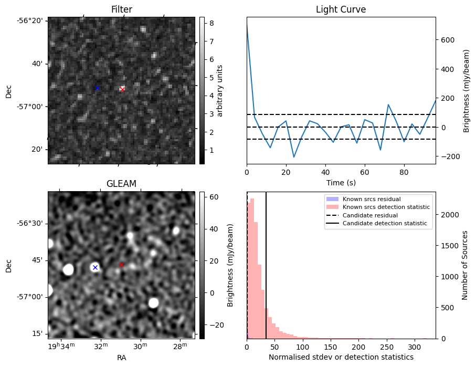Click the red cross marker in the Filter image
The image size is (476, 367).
pyautogui.click(x=122, y=90)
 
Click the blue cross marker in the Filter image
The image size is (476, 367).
pyautogui.click(x=97, y=88)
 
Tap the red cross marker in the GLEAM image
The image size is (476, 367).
pyautogui.click(x=121, y=265)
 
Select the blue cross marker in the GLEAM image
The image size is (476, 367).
pyautogui.click(x=95, y=267)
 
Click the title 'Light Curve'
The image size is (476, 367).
pyautogui.click(x=341, y=9)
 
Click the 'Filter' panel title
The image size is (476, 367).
pyautogui.click(x=121, y=9)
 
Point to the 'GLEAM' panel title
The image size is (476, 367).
pyautogui.click(x=121, y=184)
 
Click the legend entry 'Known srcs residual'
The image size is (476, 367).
pyautogui.click(x=372, y=200)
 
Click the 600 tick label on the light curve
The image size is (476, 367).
pyautogui.click(x=448, y=40)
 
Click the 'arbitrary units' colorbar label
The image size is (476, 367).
pyautogui.click(x=220, y=90)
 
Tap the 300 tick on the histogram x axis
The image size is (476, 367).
pyautogui.click(x=414, y=347)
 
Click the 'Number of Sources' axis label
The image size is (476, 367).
pyautogui.click(x=465, y=265)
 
